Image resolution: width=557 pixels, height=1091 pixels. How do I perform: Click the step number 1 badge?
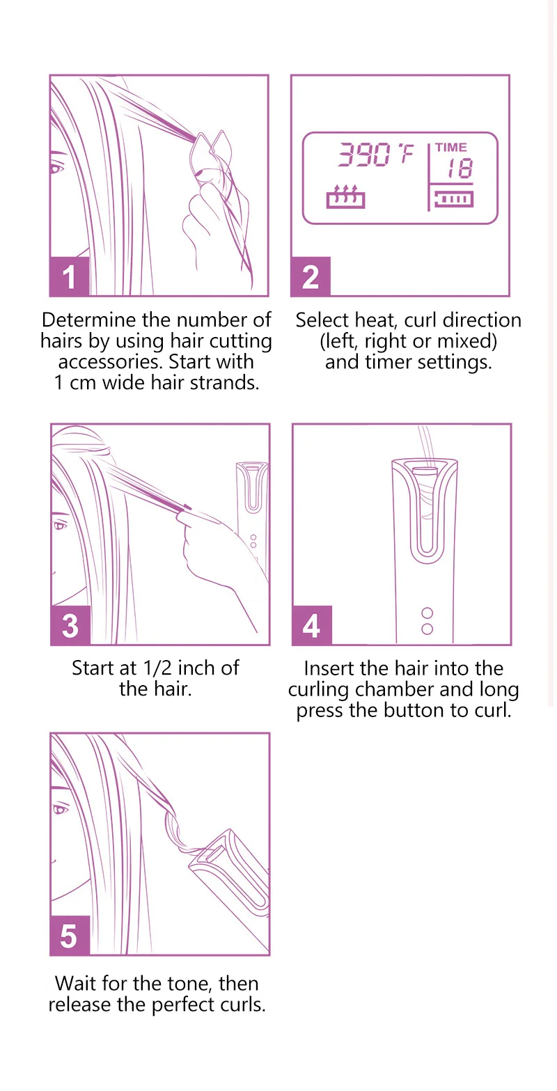click(70, 276)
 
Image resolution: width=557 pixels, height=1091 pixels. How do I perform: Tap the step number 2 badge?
click(311, 276)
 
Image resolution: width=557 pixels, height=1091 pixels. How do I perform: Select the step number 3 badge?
click(70, 625)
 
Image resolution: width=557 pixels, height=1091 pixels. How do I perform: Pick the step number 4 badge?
click(312, 625)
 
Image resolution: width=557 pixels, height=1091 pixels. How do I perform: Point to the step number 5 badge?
click(70, 936)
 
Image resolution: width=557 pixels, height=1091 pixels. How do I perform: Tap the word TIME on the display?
click(451, 147)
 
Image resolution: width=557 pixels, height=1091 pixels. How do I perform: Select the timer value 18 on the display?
click(460, 168)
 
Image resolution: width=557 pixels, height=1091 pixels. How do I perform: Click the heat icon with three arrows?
click(346, 196)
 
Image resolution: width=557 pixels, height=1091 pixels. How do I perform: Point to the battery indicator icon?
click(453, 198)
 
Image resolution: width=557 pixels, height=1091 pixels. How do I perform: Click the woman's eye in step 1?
click(56, 168)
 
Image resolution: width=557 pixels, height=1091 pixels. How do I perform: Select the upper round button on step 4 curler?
click(427, 613)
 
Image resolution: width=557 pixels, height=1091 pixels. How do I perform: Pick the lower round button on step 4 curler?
click(427, 629)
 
